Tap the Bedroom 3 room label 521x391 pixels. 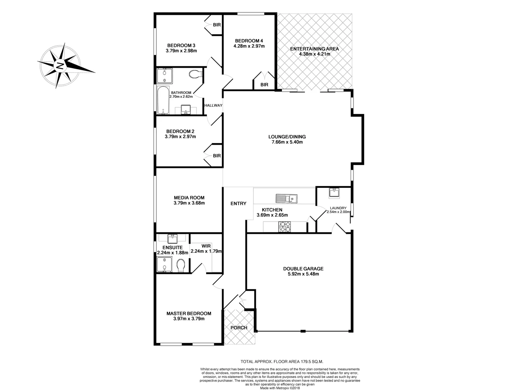tap(181, 45)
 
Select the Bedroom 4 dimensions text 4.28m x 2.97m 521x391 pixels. tap(249, 46)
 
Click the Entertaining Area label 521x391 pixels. tap(314, 49)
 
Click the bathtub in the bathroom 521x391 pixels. tap(164, 100)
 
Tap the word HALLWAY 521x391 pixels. tap(213, 105)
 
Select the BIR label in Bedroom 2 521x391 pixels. tap(217, 156)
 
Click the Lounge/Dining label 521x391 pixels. tap(287, 137)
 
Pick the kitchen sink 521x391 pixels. tap(286, 198)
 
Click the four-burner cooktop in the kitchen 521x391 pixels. tap(284, 227)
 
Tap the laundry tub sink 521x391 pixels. tap(334, 193)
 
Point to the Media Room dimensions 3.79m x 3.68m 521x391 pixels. tap(189, 203)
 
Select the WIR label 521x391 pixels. tap(206, 246)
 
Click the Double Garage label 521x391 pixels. tap(303, 269)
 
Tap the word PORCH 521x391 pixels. tap(239, 328)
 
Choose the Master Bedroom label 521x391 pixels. tap(189, 314)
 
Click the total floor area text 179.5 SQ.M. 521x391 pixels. tap(282, 361)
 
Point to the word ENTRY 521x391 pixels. tap(238, 203)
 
